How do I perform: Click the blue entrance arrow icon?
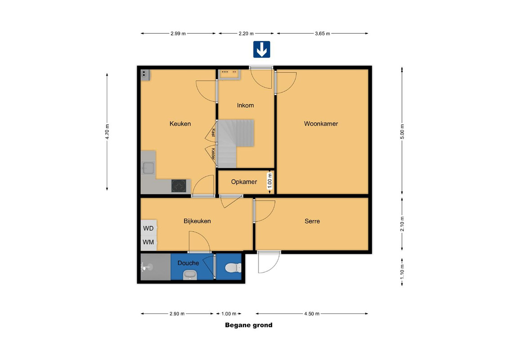[x=262, y=49]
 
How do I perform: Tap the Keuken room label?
[x=180, y=123]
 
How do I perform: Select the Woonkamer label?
[x=321, y=123]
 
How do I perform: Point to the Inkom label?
[x=246, y=105]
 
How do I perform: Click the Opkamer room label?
[x=244, y=182]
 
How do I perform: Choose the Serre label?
[x=313, y=221]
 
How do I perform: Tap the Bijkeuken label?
[x=197, y=221]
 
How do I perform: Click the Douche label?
[x=188, y=263]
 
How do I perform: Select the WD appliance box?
[x=149, y=228]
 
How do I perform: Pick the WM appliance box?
[x=149, y=243]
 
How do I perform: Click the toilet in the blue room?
[x=233, y=268]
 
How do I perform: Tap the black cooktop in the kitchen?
[x=179, y=186]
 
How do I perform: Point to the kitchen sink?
[x=148, y=168]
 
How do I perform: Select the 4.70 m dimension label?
[x=107, y=131]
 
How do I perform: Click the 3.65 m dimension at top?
[x=322, y=33]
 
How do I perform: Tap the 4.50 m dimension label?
[x=312, y=314]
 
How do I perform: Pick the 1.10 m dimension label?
[x=402, y=272]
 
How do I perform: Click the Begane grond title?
[x=249, y=325]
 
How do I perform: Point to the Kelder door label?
[x=213, y=154]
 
